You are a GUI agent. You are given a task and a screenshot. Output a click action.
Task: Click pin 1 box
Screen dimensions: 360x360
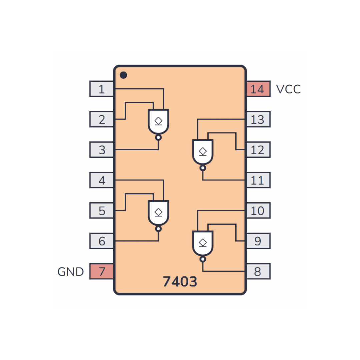101,89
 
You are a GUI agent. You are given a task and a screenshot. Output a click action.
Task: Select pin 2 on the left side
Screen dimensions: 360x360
101,119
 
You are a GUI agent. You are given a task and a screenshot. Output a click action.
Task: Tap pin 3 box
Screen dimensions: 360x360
101,150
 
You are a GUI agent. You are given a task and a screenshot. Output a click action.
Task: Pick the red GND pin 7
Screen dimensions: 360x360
101,271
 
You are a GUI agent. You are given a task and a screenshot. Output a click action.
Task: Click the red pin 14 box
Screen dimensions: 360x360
258,89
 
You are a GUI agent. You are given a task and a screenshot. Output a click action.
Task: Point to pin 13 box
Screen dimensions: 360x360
258,119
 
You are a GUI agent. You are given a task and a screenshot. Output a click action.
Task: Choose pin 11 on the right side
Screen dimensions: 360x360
258,180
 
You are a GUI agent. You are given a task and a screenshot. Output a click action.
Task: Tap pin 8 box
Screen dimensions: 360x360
258,271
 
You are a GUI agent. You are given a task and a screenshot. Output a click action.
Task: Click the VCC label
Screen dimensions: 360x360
288,89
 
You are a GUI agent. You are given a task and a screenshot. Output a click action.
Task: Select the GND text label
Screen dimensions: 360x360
70,272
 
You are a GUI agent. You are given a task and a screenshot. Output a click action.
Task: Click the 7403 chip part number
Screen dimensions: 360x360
180,281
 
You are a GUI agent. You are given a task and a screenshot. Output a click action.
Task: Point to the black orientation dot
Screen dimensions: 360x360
124,75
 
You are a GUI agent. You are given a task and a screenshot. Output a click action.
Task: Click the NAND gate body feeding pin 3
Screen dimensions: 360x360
158,122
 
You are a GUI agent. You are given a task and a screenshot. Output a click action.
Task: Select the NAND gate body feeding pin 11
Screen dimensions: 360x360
203,152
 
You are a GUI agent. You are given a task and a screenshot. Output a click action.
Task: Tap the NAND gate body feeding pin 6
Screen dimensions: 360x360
158,213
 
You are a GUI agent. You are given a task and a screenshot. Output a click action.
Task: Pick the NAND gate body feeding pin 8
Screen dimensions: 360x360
203,243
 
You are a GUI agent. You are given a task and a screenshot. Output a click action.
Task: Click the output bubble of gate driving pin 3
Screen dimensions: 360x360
158,138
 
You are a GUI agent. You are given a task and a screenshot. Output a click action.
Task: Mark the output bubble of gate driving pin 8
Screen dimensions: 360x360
203,259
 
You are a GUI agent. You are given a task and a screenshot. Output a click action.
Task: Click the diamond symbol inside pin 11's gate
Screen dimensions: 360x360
203,152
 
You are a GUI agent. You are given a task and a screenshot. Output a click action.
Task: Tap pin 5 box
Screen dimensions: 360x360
101,211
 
